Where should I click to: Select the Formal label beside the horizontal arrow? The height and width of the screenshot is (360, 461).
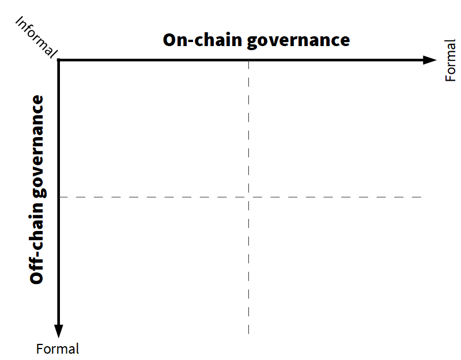coord(451,60)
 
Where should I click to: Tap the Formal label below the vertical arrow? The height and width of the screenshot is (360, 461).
coord(58,348)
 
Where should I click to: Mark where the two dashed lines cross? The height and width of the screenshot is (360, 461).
coord(248,197)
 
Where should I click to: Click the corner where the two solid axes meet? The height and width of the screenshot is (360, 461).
coord(59,60)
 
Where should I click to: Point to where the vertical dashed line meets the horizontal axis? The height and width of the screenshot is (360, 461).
coord(248,60)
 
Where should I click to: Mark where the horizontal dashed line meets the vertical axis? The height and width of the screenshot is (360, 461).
coord(59,197)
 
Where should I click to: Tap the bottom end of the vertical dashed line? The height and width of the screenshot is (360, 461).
coord(248,334)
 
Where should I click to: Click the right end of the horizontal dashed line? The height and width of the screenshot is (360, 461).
coord(422,197)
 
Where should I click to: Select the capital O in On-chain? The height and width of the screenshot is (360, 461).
coord(170,40)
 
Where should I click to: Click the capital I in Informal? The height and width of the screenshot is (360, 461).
coord(19,21)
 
